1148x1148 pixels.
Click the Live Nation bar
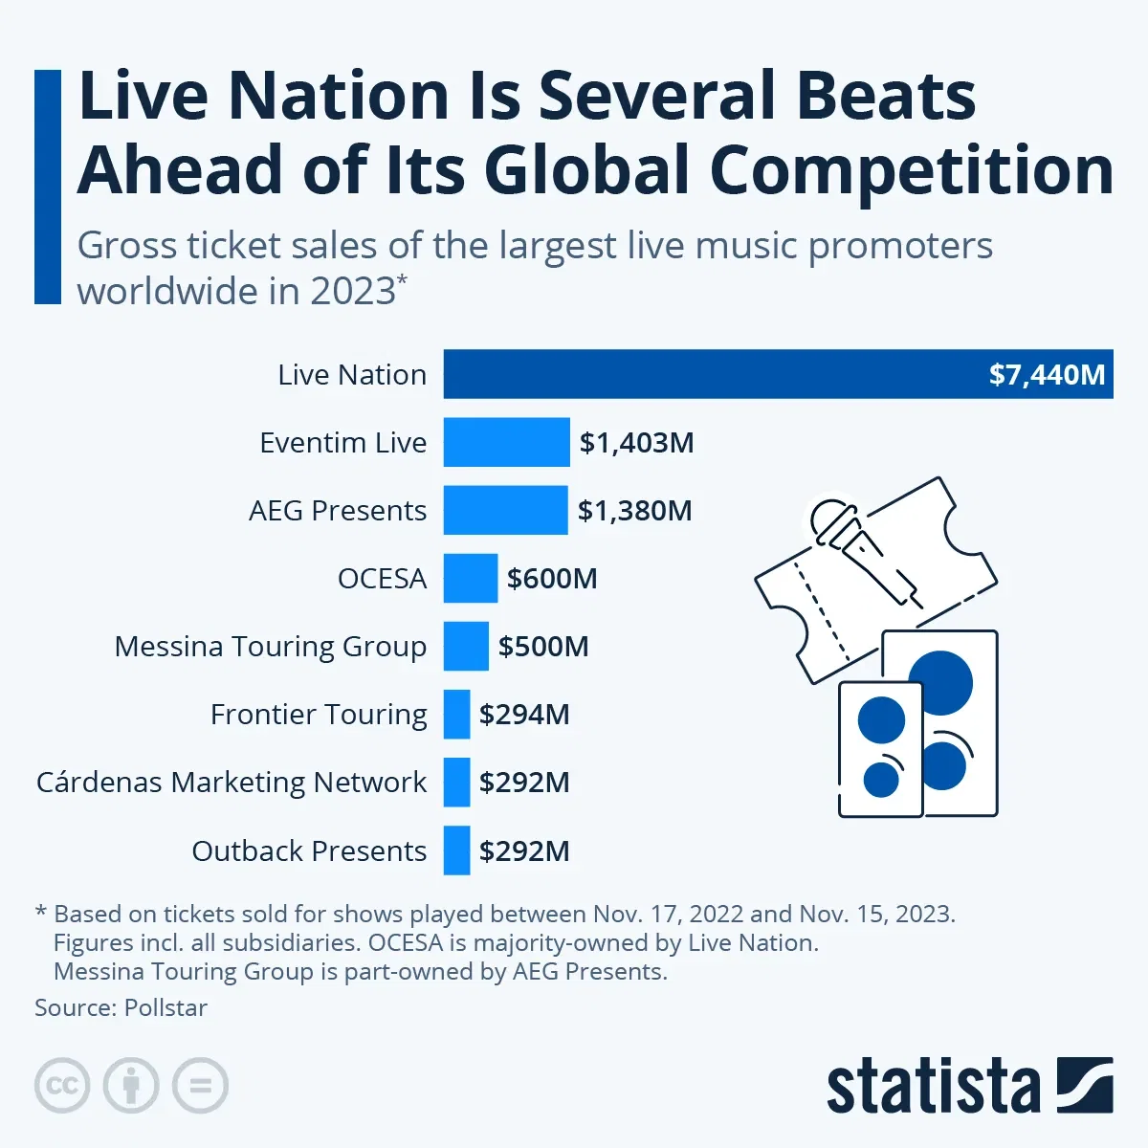(x=708, y=374)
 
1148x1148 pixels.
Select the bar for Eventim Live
(x=506, y=442)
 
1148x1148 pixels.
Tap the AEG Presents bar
(x=505, y=510)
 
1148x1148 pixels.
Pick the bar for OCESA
(x=470, y=578)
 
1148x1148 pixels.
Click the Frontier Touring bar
(x=456, y=714)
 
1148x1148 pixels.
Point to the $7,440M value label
(x=1047, y=374)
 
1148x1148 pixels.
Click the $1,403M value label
(x=636, y=443)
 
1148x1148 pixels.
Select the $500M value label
(x=542, y=647)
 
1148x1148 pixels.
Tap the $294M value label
(x=524, y=715)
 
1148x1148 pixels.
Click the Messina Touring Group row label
(x=270, y=647)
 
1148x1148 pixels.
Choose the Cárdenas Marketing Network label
(x=231, y=783)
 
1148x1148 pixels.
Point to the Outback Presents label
(x=309, y=850)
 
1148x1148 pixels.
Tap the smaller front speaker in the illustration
(x=881, y=749)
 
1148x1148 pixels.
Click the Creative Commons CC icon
(x=62, y=1086)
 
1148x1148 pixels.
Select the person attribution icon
(x=131, y=1086)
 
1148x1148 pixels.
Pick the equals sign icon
(x=200, y=1086)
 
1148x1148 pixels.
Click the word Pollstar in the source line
(x=166, y=1007)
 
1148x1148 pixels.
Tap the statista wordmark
(x=933, y=1087)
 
